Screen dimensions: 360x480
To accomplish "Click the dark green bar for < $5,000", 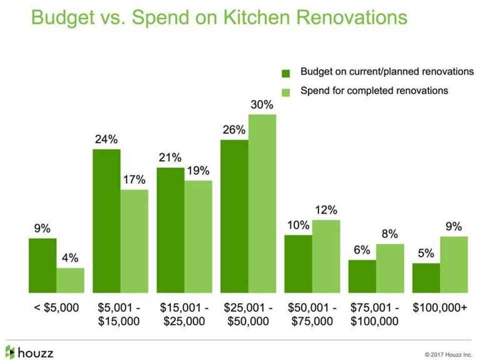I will (x=42, y=265).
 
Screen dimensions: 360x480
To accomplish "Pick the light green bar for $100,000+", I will (x=454, y=264).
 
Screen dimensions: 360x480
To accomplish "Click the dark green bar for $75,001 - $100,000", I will (x=362, y=276).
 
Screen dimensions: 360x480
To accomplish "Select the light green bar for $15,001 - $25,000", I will (x=198, y=236).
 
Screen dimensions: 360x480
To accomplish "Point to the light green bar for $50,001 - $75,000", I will (x=326, y=256).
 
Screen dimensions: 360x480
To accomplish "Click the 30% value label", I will (x=262, y=105).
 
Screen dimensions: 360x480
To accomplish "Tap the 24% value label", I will (x=106, y=140).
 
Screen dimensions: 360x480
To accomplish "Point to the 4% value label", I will (x=70, y=258).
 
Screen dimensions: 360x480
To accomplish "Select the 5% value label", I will (x=426, y=253).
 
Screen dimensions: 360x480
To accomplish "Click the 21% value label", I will (x=170, y=158).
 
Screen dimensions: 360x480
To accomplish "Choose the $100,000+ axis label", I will (x=440, y=307).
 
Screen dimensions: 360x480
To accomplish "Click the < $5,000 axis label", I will (x=56, y=307).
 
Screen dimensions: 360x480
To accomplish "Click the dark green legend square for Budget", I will (x=286, y=73).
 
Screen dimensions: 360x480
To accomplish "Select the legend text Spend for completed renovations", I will (x=374, y=91).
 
